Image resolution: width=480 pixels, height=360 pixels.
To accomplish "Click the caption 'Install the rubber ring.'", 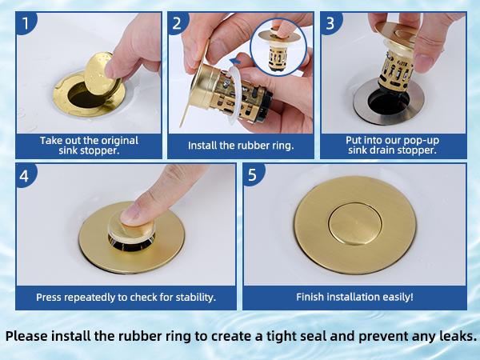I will click(x=240, y=146).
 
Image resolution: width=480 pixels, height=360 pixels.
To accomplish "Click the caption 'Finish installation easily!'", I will click(x=354, y=297).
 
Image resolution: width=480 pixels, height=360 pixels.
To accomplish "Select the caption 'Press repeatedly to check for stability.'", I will click(x=126, y=297).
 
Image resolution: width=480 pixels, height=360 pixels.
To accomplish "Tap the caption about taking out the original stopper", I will click(x=89, y=146).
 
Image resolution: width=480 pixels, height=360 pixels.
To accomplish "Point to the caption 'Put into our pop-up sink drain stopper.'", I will click(x=392, y=146).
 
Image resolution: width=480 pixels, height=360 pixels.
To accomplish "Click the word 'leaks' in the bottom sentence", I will click(x=453, y=335).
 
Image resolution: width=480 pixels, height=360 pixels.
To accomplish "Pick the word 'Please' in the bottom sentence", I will click(x=30, y=335).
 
